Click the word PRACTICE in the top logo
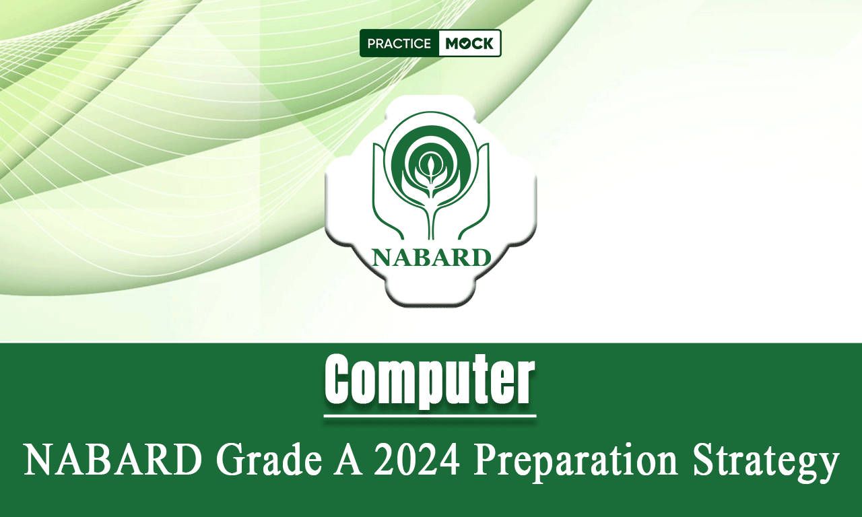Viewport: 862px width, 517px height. (x=399, y=44)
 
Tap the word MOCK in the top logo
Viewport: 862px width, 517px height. (x=469, y=44)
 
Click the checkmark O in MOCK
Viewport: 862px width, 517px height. (x=465, y=44)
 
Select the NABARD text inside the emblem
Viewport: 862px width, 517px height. (x=431, y=258)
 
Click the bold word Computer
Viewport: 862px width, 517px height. (x=430, y=380)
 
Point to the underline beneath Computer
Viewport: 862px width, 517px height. (x=430, y=416)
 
